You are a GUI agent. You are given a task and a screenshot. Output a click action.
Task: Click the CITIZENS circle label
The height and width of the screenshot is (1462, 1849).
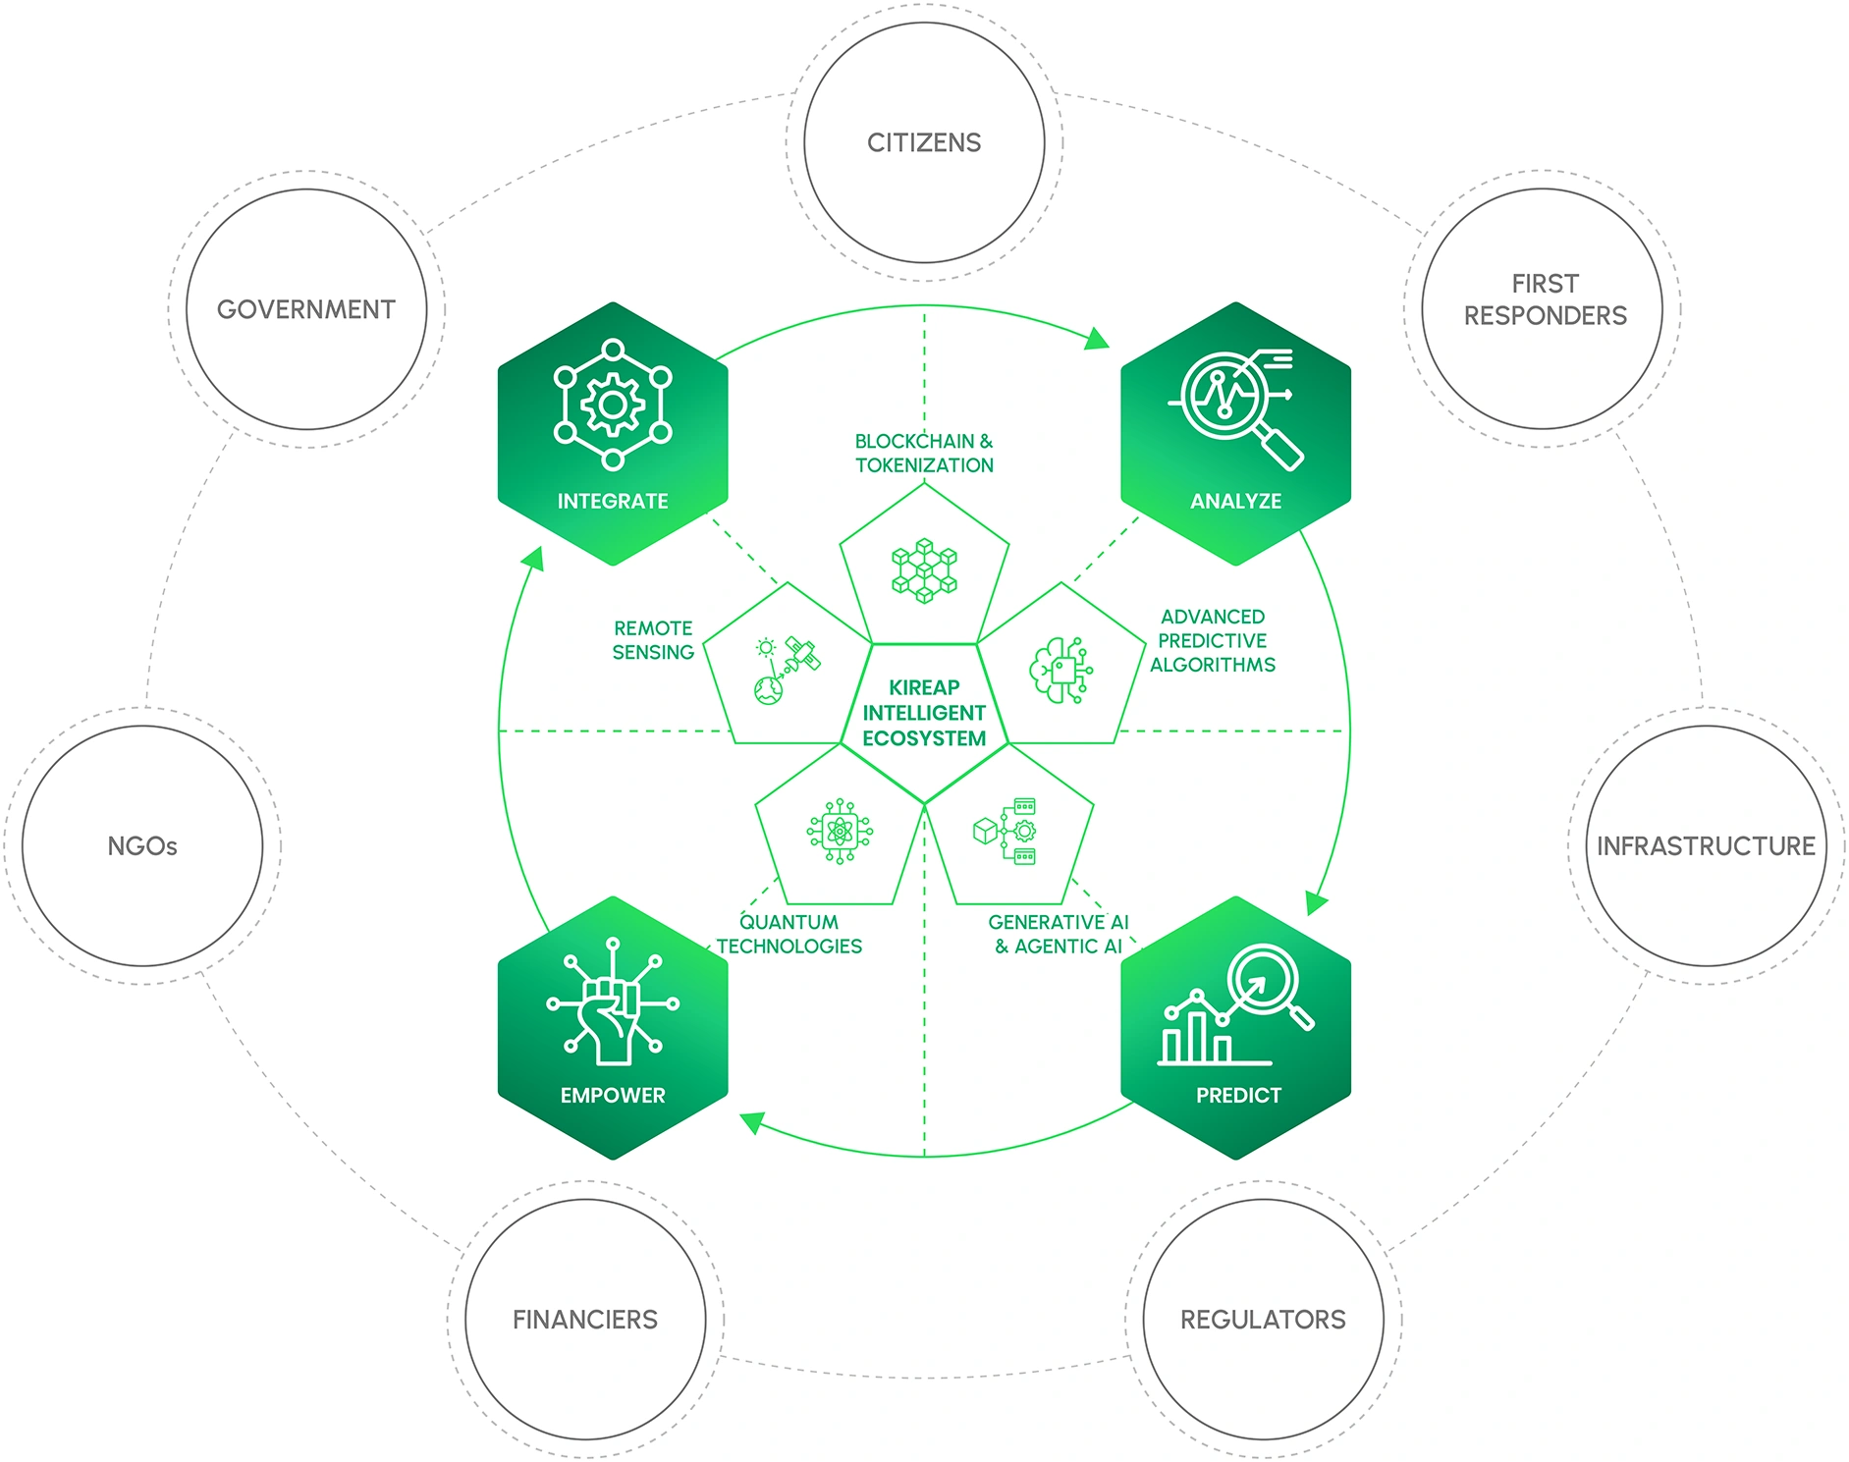click(923, 143)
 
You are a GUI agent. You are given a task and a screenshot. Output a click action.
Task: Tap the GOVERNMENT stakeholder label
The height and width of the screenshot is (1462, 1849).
click(305, 310)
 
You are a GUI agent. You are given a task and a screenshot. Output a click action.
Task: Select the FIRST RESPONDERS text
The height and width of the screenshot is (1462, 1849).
click(1544, 299)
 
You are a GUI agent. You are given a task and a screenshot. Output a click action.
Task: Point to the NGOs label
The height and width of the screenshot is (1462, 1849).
click(142, 846)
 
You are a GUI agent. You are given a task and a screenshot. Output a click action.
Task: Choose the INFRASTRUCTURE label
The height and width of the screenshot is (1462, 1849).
click(1706, 846)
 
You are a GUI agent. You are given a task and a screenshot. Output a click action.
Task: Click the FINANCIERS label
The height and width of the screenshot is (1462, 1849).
click(585, 1320)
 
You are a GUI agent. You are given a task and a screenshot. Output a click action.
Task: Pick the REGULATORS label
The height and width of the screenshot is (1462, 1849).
click(1263, 1320)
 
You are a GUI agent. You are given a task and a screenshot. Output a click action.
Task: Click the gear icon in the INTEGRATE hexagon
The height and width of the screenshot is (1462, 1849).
click(613, 405)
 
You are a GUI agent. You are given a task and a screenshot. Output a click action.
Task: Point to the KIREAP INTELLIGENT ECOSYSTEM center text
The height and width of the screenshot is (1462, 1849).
click(924, 714)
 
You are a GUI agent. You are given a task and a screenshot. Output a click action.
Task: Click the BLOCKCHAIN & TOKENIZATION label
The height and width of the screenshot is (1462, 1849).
click(924, 454)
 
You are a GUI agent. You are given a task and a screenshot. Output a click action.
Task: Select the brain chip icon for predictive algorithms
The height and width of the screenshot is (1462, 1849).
click(1060, 672)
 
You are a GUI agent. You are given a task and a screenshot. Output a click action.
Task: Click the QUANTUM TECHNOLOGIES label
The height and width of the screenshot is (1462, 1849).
click(789, 935)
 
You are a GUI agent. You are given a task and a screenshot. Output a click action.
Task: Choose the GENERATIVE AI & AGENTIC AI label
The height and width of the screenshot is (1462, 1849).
click(1059, 935)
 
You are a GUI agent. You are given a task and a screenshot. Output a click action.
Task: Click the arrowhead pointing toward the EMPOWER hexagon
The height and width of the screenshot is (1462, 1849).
click(751, 1122)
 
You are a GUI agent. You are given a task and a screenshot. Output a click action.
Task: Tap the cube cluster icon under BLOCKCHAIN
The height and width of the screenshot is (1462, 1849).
click(924, 570)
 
